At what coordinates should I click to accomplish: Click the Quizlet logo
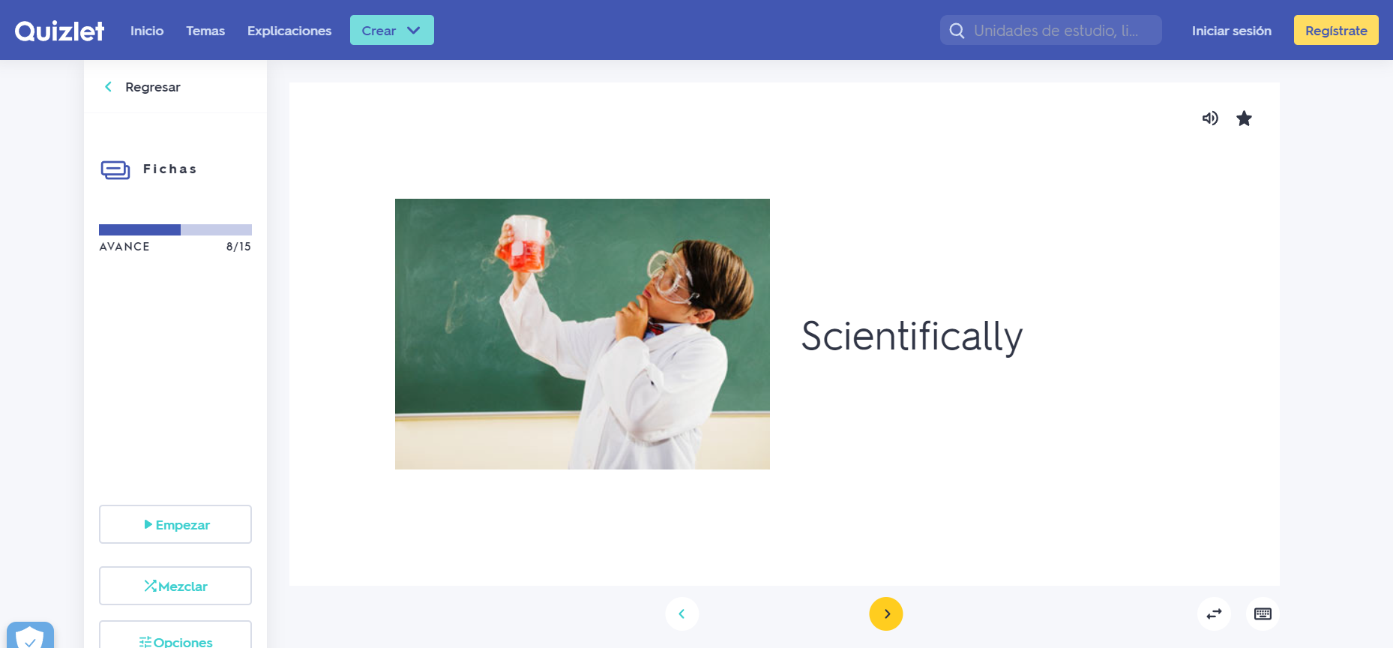point(59,31)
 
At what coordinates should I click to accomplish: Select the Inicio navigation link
point(147,31)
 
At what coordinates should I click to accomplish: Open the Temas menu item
point(205,31)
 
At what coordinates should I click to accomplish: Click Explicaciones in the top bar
point(289,31)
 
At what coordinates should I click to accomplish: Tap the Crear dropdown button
point(392,30)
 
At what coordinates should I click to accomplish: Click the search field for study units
point(1051,30)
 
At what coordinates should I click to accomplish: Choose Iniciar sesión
point(1232,31)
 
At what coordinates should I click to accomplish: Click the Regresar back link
point(142,87)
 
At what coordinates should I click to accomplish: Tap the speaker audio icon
point(1210,118)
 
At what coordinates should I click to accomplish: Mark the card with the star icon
point(1244,118)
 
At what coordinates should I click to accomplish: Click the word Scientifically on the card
point(912,336)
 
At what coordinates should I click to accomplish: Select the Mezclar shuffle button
point(175,586)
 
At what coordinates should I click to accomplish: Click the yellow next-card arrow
point(886,613)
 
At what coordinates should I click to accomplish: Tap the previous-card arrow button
point(682,613)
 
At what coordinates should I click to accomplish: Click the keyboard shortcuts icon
point(1263,613)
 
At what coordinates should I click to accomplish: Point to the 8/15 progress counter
point(238,247)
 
